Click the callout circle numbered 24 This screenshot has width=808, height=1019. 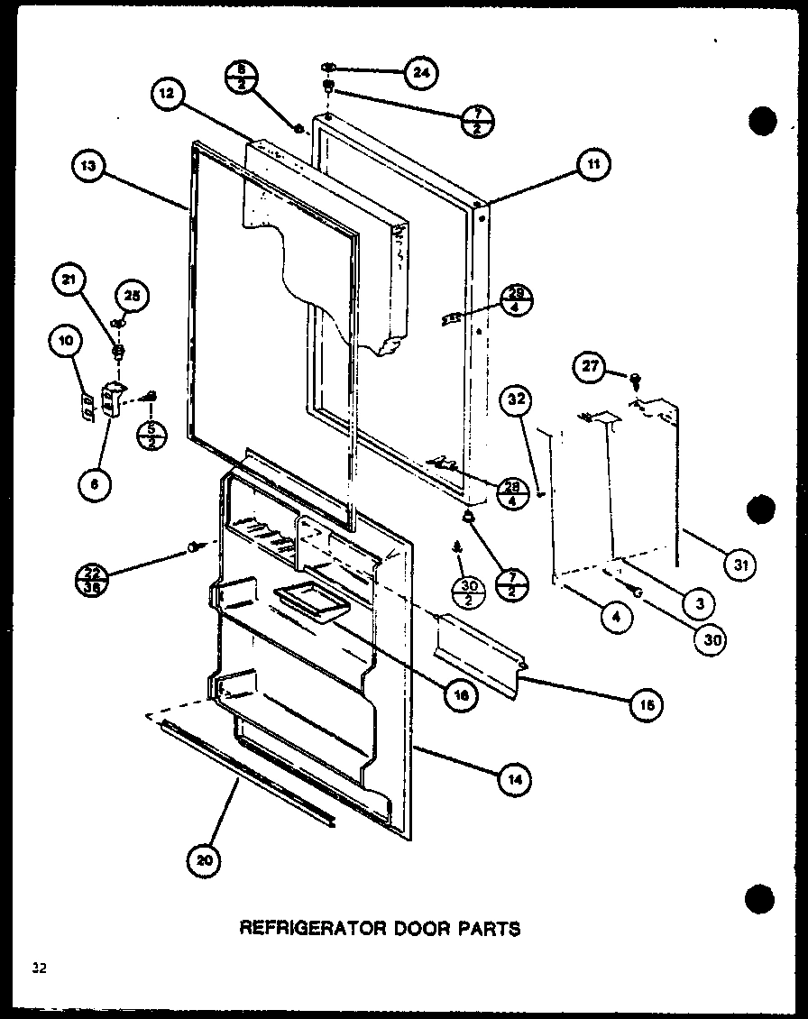419,74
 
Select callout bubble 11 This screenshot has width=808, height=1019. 592,164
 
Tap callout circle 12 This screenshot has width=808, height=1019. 169,93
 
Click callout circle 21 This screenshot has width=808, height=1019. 68,281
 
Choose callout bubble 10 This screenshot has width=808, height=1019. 67,341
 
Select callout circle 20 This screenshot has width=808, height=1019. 205,861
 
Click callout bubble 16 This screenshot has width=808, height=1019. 463,696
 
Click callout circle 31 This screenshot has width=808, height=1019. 739,566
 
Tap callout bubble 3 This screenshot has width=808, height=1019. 699,601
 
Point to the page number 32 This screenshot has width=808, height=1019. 38,969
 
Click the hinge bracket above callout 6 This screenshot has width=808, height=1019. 113,398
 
